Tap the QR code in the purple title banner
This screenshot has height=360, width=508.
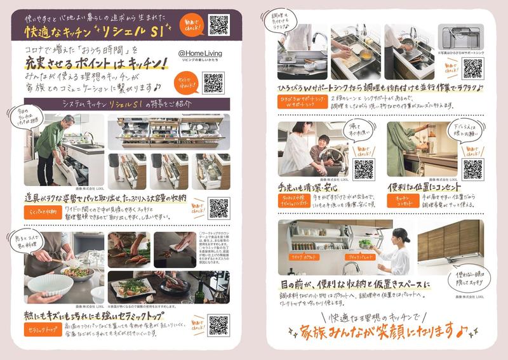click(218, 24)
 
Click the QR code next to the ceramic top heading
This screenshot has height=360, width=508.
click(218, 326)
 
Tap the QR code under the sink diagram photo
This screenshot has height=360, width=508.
click(472, 68)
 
